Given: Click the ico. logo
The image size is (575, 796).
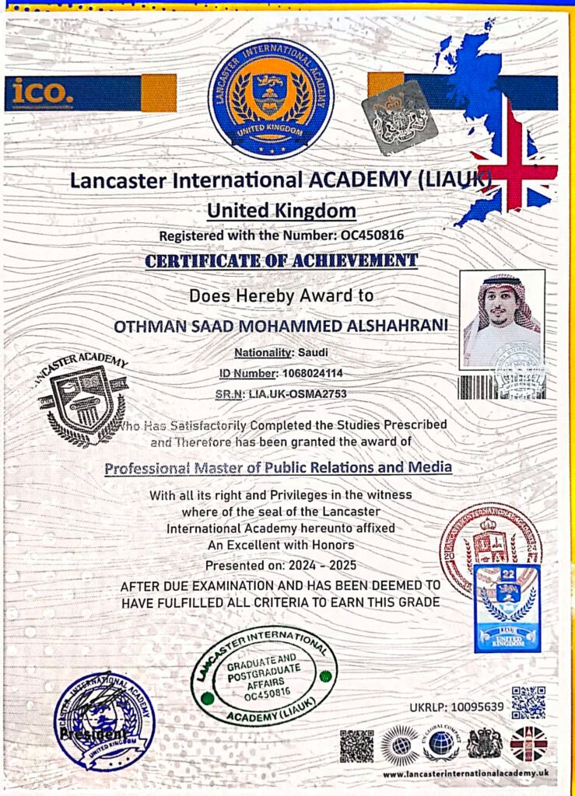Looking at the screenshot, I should (41, 93).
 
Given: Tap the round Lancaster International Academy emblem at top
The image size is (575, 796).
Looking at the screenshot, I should (271, 99).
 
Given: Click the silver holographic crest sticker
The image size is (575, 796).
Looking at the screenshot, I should (399, 116).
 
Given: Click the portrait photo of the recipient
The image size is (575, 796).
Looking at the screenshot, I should (502, 320).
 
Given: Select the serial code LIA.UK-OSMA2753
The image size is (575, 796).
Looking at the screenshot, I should (296, 393).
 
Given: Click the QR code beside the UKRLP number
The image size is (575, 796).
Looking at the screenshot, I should (528, 703).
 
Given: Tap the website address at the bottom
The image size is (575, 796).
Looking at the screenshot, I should (466, 773).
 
